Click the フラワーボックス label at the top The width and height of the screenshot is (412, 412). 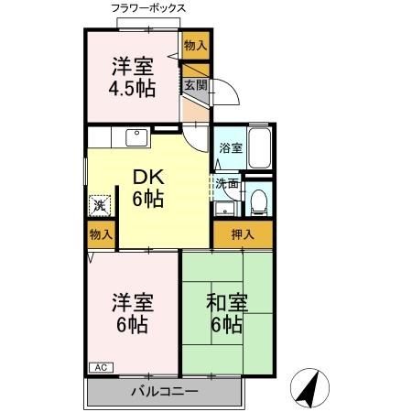point(147,8)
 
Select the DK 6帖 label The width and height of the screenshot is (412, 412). point(147,188)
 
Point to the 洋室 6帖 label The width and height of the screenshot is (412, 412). point(134,313)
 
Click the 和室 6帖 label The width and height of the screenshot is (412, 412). point(225,313)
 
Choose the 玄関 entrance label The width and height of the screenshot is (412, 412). point(195,86)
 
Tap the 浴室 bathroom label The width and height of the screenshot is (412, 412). point(230,148)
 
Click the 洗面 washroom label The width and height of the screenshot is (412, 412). point(228,183)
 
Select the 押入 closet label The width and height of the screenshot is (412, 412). point(243,233)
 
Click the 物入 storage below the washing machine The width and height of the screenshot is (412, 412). point(101,235)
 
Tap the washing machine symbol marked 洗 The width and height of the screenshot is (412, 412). point(99,205)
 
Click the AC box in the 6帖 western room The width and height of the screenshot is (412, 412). point(101,367)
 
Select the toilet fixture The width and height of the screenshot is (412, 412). point(259,199)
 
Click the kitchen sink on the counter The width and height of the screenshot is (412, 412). point(137,137)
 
